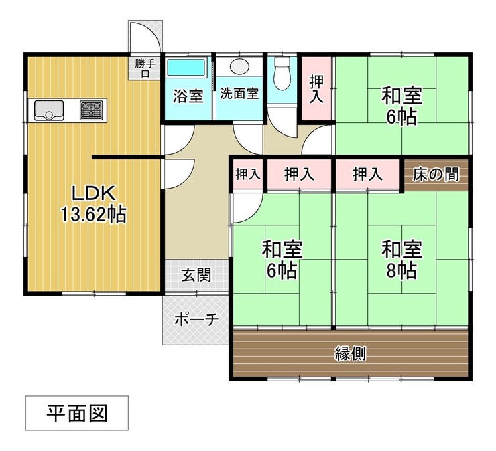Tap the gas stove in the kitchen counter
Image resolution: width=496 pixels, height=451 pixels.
click(x=92, y=110)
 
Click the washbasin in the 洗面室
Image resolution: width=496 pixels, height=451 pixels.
click(x=239, y=68)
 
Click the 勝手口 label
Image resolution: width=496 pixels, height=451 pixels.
click(x=145, y=69)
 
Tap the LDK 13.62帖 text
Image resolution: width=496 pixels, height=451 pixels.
click(x=95, y=204)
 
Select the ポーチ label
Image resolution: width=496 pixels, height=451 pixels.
click(x=196, y=319)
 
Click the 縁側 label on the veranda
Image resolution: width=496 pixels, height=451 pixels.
click(x=350, y=353)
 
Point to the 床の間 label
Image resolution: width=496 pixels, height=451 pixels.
click(x=436, y=175)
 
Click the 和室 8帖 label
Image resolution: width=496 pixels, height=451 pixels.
click(x=401, y=260)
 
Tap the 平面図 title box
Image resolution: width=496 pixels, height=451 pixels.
click(x=76, y=413)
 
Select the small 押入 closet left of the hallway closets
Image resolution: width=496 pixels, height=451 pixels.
click(x=248, y=175)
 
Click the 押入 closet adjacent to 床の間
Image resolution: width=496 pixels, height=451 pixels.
click(x=367, y=175)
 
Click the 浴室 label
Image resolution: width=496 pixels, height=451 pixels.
click(x=188, y=96)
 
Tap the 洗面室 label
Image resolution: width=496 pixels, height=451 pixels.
click(x=239, y=94)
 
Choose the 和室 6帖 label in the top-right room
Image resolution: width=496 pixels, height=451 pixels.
click(x=401, y=106)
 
